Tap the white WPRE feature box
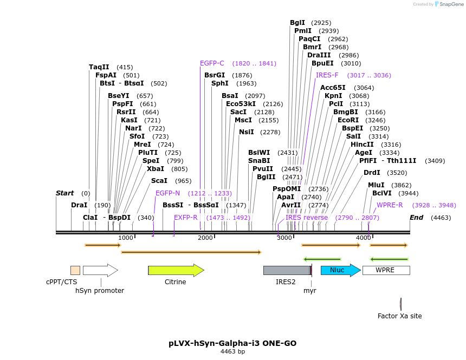click(385, 270)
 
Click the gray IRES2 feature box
click(287, 270)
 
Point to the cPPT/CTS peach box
click(75, 270)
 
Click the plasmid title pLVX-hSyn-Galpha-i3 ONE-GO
click(232, 343)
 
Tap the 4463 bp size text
click(232, 352)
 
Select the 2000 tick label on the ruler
click(205, 238)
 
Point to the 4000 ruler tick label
click(363, 238)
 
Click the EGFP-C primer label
click(212, 63)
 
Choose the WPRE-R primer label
click(390, 205)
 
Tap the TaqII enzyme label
click(99, 67)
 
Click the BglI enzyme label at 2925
click(297, 23)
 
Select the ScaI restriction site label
click(159, 181)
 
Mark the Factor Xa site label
click(399, 316)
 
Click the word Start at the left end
click(64, 193)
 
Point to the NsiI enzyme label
click(247, 132)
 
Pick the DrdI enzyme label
click(372, 173)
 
